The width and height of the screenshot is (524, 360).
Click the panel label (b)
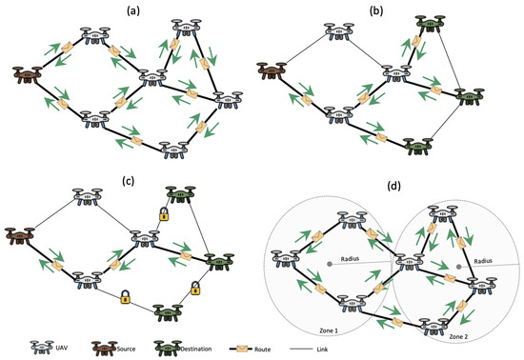[x=391, y=10]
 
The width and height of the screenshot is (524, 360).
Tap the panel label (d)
[x=392, y=184]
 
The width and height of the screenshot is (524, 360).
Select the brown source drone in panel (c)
[x=20, y=234]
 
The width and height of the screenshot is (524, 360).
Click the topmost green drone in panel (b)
[x=420, y=24]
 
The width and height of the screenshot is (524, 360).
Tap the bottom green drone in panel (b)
[x=416, y=146]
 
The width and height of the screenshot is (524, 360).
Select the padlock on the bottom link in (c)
[x=125, y=297]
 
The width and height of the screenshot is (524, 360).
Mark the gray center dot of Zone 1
[x=329, y=263]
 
